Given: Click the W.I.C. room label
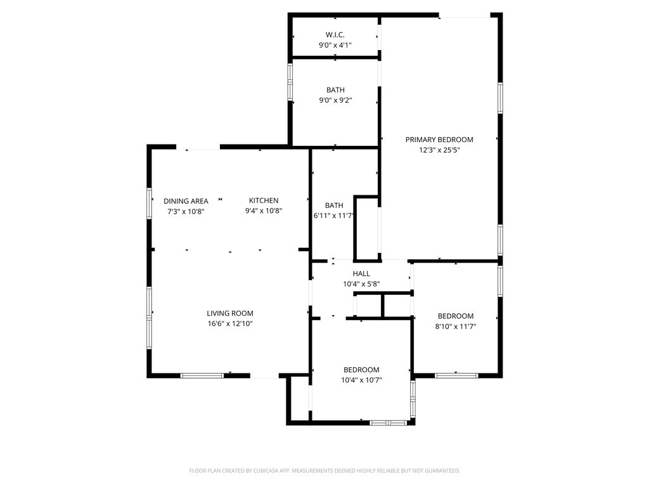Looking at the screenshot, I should tap(335, 35).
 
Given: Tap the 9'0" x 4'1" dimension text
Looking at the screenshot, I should tap(335, 45).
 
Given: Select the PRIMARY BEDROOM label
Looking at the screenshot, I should tap(439, 140).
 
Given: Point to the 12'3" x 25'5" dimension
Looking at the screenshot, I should tap(439, 150).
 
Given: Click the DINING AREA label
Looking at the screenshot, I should tap(186, 201).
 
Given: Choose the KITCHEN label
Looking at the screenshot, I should tap(264, 201).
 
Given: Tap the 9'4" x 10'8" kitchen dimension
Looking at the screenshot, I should tap(264, 211).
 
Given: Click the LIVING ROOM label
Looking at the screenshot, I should tap(230, 313).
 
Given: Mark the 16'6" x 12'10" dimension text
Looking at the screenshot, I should tap(230, 323).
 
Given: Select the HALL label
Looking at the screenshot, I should tap(361, 274).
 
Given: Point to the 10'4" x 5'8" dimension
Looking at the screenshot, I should tap(361, 284).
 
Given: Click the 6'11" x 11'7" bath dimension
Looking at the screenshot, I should tap(333, 216).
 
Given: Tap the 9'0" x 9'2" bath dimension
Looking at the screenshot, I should tap(335, 100).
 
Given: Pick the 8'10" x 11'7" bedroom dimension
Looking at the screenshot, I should tap(456, 327).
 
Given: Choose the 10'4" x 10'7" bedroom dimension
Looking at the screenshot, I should tap(361, 380).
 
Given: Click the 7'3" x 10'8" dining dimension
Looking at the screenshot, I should tap(186, 211).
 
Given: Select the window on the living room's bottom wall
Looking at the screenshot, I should tap(202, 375).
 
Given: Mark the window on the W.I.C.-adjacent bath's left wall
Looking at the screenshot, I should tap(290, 82).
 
